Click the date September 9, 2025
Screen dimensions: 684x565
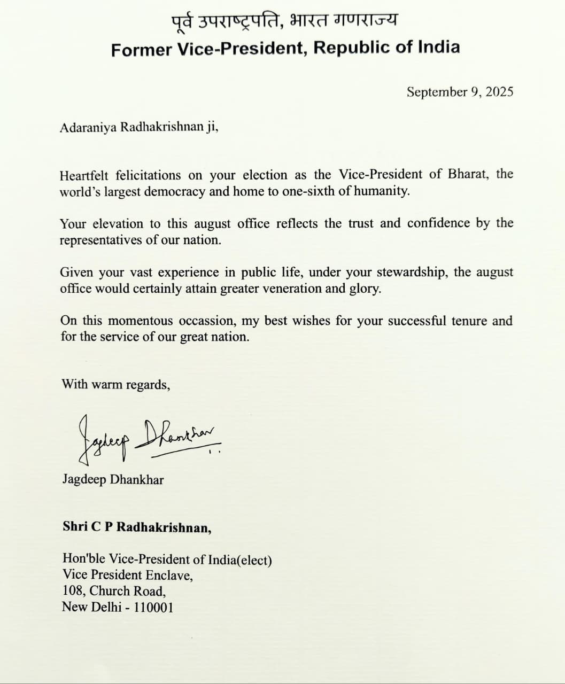[x=460, y=92]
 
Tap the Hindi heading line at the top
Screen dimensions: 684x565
[x=284, y=21]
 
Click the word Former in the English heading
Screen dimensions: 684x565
[x=142, y=49]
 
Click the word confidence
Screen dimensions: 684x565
[x=439, y=223]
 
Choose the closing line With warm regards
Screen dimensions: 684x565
[x=116, y=384]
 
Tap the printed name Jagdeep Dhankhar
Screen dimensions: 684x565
[x=113, y=479]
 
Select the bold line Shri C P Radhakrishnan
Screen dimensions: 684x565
[x=137, y=527]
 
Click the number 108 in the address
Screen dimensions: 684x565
[x=73, y=591]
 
